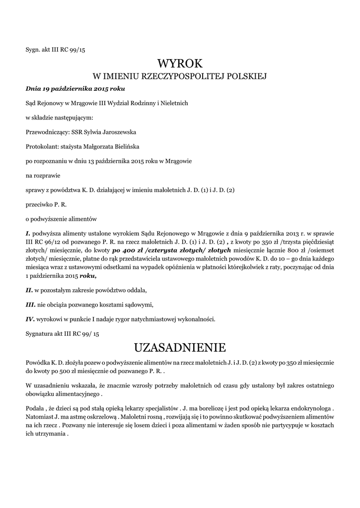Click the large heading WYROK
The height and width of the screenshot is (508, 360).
click(x=180, y=63)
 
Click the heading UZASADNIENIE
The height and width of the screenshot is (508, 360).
click(x=180, y=346)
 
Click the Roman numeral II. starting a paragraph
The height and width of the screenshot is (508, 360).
click(x=29, y=290)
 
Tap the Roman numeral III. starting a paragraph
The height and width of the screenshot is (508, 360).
click(x=30, y=304)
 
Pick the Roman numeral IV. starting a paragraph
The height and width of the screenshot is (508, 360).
click(x=30, y=318)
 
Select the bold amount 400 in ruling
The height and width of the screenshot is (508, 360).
click(x=129, y=251)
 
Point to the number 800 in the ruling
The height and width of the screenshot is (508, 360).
click(x=278, y=251)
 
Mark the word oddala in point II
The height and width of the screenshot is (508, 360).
click(x=136, y=290)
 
